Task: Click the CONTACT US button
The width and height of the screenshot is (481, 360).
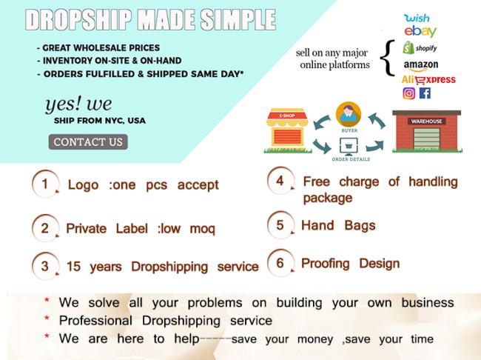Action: pyautogui.click(x=88, y=142)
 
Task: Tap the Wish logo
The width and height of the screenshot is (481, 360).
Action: pyautogui.click(x=417, y=18)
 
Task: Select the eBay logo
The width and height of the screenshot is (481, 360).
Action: pyautogui.click(x=420, y=31)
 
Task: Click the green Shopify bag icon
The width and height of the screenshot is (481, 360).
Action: pyautogui.click(x=408, y=47)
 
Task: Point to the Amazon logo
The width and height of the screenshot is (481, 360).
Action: pyautogui.click(x=421, y=65)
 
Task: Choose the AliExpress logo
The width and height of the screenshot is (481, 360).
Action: pyautogui.click(x=428, y=80)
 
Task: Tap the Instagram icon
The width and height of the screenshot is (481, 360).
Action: pyautogui.click(x=409, y=93)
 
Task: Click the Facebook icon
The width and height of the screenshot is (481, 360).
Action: pyautogui.click(x=425, y=93)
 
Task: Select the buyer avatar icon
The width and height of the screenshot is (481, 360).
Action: pyautogui.click(x=349, y=115)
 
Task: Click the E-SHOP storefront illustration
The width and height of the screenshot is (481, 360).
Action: pyautogui.click(x=287, y=130)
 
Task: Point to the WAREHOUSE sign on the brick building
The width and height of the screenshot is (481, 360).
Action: pyautogui.click(x=426, y=121)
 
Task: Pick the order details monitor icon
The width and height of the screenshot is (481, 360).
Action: pyautogui.click(x=349, y=146)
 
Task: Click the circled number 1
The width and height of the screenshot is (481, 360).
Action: pyautogui.click(x=45, y=184)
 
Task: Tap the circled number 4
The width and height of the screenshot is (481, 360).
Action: pyautogui.click(x=280, y=181)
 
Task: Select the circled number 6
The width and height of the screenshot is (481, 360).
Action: pyautogui.click(x=280, y=263)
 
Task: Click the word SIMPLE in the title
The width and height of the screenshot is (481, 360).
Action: pyautogui.click(x=238, y=20)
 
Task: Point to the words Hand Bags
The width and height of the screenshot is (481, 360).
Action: pyautogui.click(x=338, y=225)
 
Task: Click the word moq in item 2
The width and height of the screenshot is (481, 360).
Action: pyautogui.click(x=203, y=229)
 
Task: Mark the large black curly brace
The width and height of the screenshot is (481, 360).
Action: pyautogui.click(x=388, y=58)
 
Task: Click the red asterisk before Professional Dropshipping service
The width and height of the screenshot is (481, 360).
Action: pyautogui.click(x=47, y=319)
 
